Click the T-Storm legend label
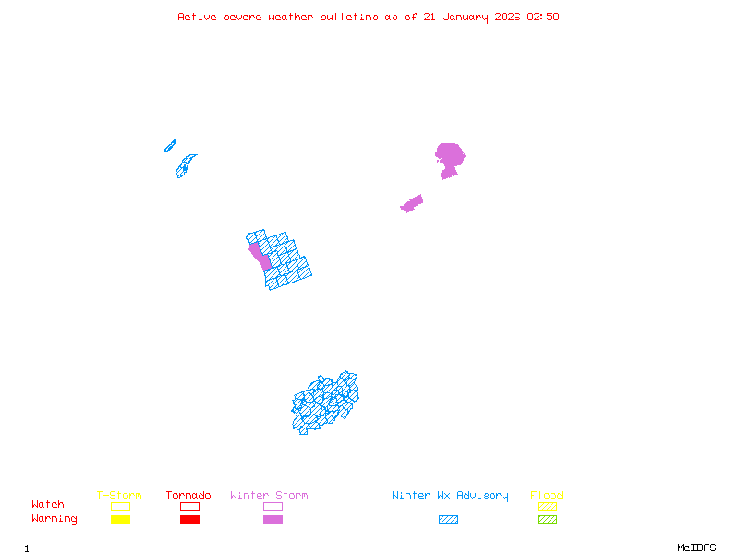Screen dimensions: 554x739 (x=119, y=496)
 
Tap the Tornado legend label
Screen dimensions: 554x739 (x=188, y=496)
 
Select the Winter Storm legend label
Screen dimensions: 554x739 (x=269, y=496)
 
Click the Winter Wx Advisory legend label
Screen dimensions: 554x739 (x=450, y=496)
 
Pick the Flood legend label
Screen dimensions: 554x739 (x=547, y=496)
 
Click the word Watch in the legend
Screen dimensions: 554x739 (x=48, y=505)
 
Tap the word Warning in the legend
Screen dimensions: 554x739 (x=55, y=519)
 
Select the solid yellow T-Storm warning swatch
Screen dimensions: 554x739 (x=120, y=520)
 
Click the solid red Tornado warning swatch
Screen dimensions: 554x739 (x=189, y=520)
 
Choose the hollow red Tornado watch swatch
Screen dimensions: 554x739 (x=189, y=506)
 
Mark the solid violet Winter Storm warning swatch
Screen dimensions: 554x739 (x=273, y=520)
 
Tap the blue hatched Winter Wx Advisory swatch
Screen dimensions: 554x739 (x=448, y=520)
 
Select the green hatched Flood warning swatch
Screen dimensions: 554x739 (x=547, y=520)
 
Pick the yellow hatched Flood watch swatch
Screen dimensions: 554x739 (x=547, y=506)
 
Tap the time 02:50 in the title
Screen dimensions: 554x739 (x=544, y=17)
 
